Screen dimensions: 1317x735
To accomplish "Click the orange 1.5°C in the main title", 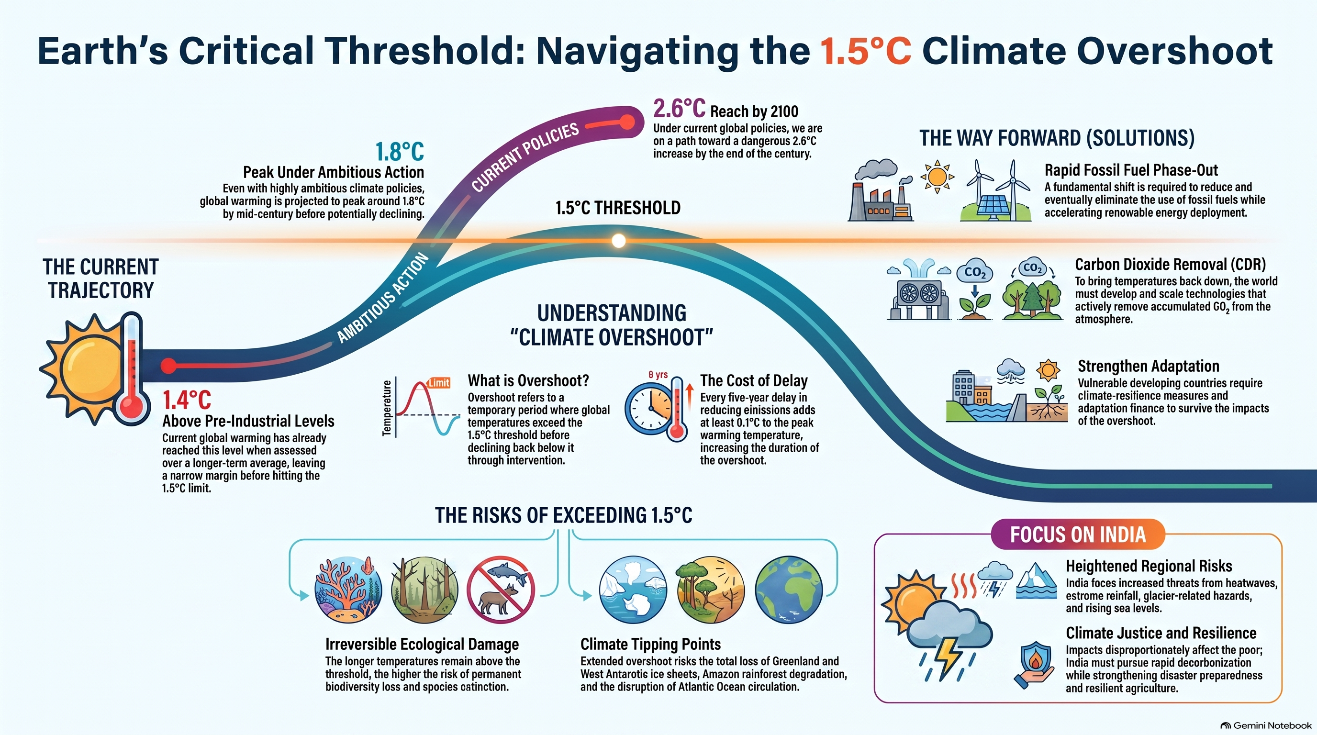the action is tap(866, 51).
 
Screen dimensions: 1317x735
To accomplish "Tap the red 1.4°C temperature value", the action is tap(187, 400).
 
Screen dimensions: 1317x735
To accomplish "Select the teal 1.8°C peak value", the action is tap(400, 151).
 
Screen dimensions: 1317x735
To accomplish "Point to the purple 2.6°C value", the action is tap(680, 108).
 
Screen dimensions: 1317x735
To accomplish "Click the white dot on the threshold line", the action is tap(619, 241).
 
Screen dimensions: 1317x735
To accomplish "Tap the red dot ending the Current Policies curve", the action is tap(627, 122).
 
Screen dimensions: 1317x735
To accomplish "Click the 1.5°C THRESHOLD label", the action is tap(618, 208).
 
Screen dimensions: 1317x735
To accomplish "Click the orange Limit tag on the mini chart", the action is tap(439, 382).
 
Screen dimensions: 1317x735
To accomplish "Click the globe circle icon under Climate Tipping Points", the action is tap(788, 590).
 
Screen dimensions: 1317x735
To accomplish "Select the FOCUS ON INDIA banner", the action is tap(1078, 535).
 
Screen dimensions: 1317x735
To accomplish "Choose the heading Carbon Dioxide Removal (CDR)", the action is tap(1170, 264).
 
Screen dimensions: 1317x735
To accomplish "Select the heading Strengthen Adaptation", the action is tap(1148, 366).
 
